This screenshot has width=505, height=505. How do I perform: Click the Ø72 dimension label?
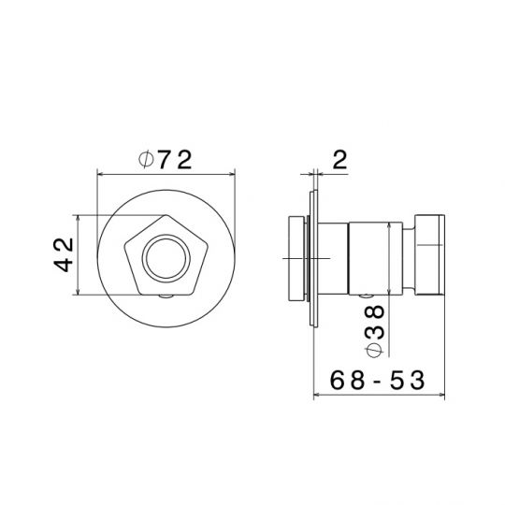[x=166, y=160]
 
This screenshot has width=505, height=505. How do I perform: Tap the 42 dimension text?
[x=64, y=254]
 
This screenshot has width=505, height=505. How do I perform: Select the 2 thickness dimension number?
[x=340, y=160]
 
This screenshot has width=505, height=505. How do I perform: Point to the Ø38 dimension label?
[x=374, y=331]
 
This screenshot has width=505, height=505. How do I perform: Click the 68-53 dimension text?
[x=377, y=380]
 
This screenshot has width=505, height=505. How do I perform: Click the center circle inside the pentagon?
[x=166, y=259]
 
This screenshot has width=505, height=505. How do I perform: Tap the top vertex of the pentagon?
[x=166, y=215]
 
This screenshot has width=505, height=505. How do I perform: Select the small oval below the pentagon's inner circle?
[x=166, y=296]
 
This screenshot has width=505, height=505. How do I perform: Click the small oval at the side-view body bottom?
[x=367, y=296]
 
